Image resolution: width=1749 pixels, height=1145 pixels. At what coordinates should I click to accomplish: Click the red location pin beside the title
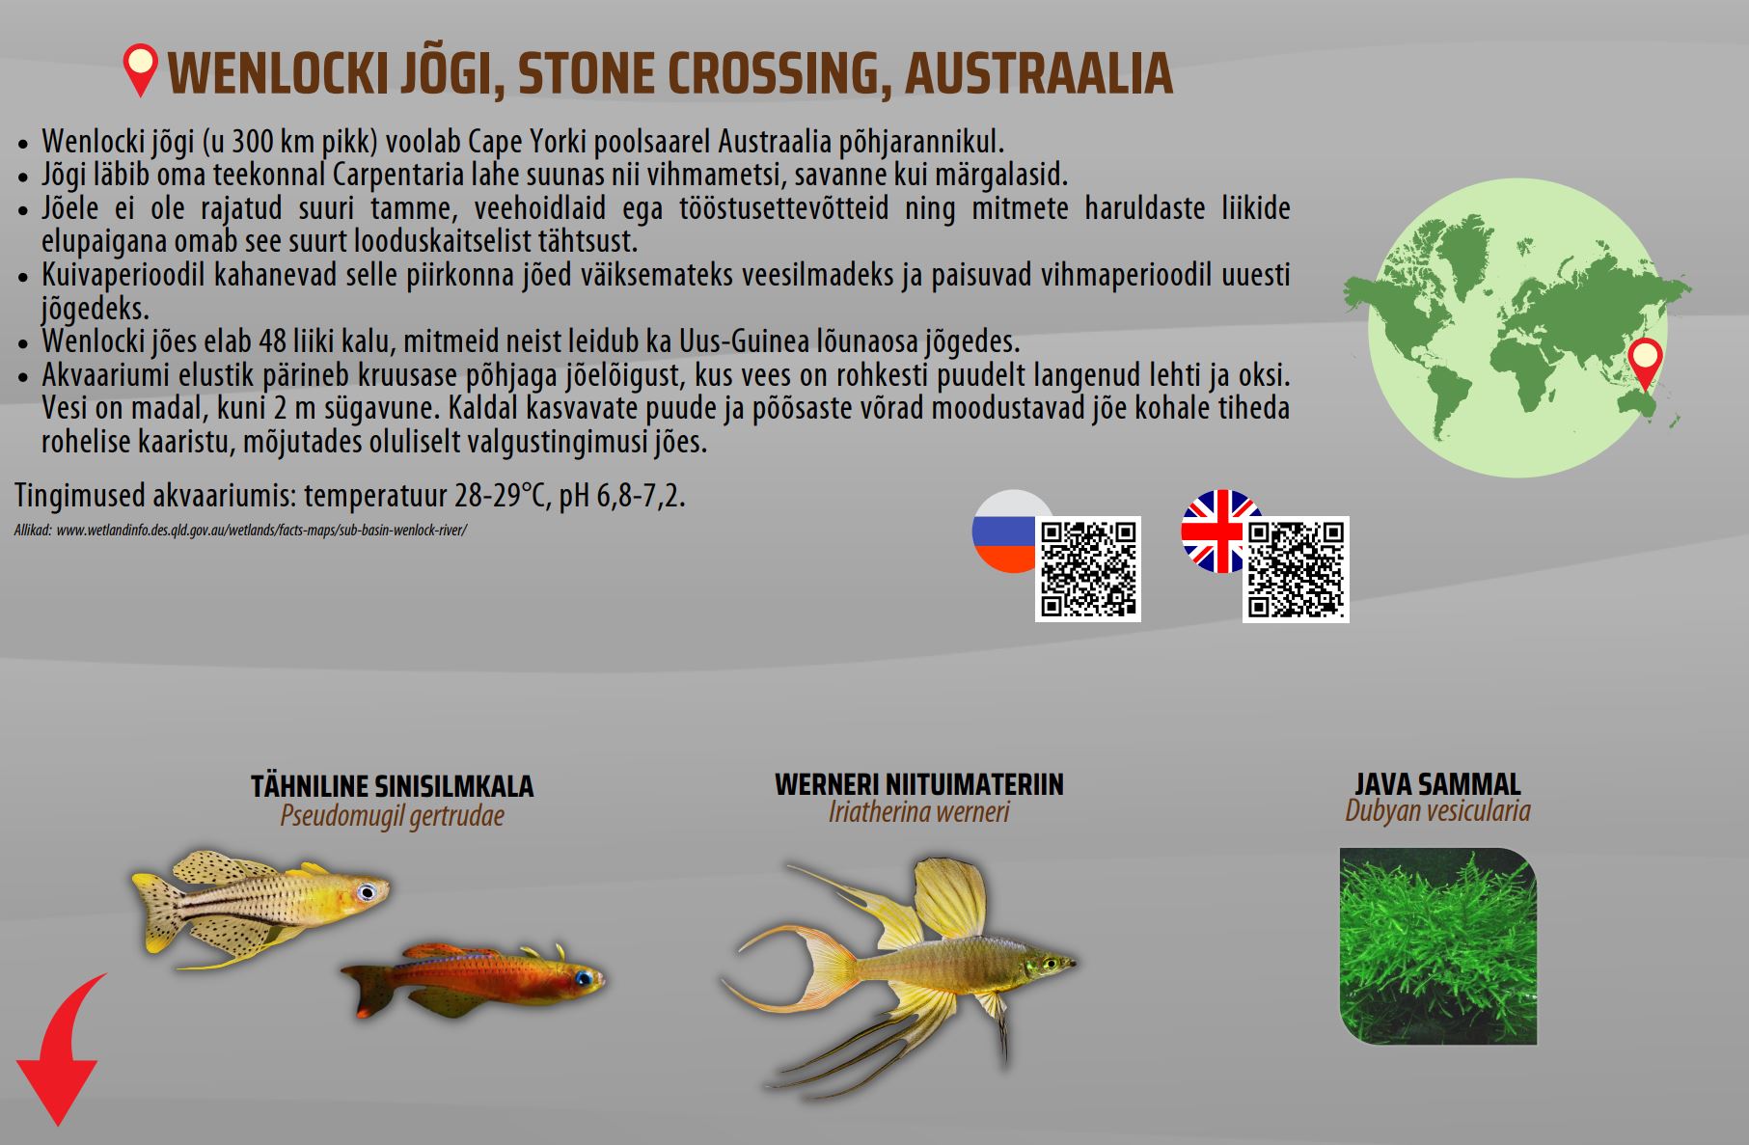pos(141,70)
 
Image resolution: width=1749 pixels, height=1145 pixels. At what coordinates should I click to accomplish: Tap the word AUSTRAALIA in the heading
pos(1039,73)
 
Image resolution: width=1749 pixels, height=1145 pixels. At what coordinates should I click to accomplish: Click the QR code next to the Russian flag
pos(1088,569)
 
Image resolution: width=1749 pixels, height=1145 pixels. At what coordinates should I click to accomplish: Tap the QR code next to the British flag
pos(1296,569)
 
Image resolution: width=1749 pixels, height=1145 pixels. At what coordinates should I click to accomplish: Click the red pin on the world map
pos(1645,365)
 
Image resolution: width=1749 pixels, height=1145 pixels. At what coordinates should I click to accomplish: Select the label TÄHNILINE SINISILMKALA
pos(393,786)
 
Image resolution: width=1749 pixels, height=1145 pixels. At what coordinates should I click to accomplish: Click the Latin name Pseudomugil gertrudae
pos(393,816)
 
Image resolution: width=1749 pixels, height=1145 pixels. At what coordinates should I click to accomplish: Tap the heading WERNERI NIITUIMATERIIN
pos(919,784)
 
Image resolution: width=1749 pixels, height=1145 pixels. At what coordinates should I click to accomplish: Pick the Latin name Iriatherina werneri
pos(919,811)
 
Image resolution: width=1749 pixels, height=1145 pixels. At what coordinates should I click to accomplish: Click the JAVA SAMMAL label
pos(1437,783)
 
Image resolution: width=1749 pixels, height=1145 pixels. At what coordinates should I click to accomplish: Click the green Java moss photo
pos(1437,946)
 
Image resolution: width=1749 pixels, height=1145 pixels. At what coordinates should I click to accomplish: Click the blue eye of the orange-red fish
pos(582,978)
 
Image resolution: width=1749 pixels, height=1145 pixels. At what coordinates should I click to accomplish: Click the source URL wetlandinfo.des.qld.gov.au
pos(261,531)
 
